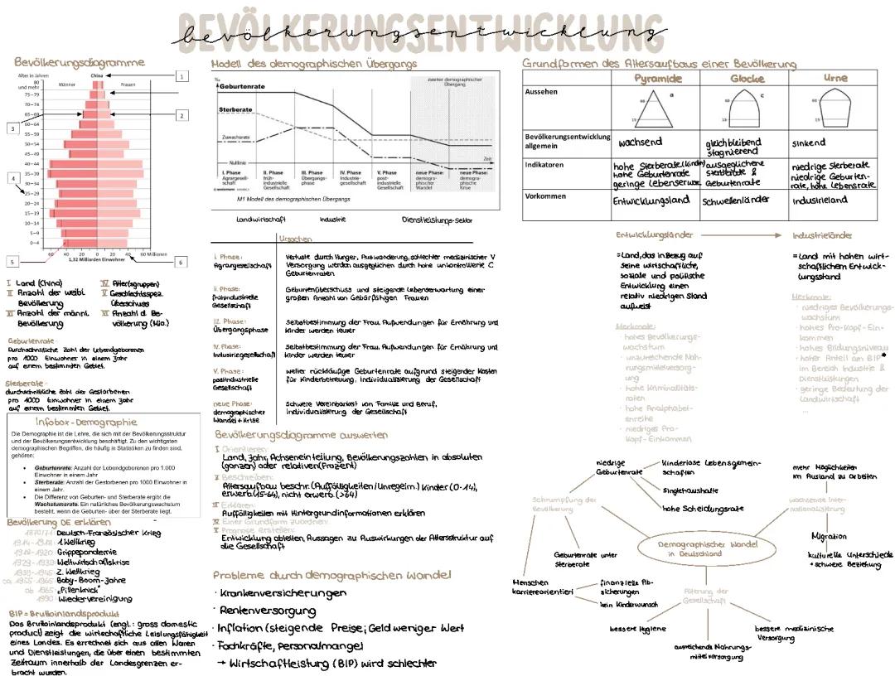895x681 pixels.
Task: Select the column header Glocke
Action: tap(747, 78)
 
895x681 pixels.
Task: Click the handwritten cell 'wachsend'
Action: tap(641, 142)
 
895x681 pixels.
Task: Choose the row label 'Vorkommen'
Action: tap(545, 196)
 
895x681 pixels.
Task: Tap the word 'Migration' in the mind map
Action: tap(829, 536)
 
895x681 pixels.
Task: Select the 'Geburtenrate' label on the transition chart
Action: tap(241, 86)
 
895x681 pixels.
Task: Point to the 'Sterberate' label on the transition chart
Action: tap(236, 109)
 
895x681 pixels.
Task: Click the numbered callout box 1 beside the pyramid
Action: tap(181, 76)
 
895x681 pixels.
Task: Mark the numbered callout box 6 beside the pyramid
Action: tap(181, 262)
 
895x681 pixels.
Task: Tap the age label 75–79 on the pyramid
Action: tap(31, 95)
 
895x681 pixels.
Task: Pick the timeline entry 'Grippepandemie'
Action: tap(80, 552)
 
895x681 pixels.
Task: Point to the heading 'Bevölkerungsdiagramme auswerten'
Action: tap(301, 434)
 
